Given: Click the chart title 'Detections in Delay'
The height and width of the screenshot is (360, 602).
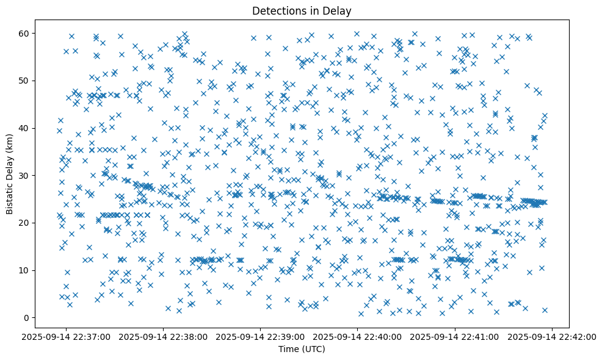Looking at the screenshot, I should pyautogui.click(x=302, y=10).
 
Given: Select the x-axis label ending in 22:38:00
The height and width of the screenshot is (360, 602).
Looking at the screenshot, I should pyautogui.click(x=164, y=336).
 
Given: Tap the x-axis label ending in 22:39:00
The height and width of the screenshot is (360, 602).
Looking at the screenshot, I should pyautogui.click(x=261, y=336).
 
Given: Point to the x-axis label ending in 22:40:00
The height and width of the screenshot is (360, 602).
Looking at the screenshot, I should pyautogui.click(x=358, y=336).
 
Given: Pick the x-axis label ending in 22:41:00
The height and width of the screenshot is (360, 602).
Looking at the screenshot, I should pyautogui.click(x=455, y=336).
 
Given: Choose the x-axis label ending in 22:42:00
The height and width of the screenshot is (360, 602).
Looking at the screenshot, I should pyautogui.click(x=553, y=336).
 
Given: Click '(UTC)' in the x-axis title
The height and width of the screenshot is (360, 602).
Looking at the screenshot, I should pyautogui.click(x=312, y=349).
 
